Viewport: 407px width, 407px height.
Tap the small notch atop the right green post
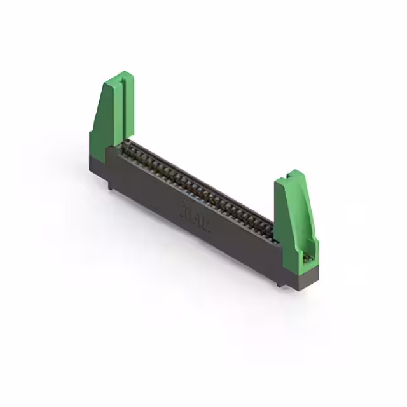pos(293,172)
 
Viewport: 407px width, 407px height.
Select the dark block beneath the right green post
pos(299,272)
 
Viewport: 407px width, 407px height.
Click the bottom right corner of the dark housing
pos(317,280)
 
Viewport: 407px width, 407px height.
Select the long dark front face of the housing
pos(191,216)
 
